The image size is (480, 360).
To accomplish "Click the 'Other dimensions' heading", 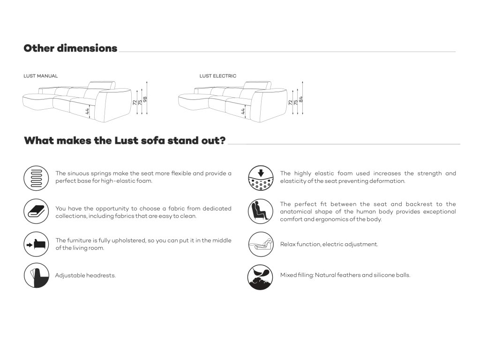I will [70, 48].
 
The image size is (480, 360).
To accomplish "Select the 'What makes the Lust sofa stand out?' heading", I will [125, 141].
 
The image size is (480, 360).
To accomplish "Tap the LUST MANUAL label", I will [41, 76].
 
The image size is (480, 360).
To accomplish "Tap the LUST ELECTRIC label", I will [218, 76].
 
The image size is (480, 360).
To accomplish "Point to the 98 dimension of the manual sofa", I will [145, 99].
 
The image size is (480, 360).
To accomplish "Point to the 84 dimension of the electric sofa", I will [301, 99].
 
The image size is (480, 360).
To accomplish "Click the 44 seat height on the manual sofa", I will [87, 111].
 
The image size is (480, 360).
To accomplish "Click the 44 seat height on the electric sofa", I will [243, 111].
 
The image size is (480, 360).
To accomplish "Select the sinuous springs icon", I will [37, 177].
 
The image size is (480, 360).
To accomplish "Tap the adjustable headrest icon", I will [37, 275].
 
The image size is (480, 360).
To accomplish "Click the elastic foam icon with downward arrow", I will [260, 177].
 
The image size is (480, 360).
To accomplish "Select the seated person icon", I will [260, 211].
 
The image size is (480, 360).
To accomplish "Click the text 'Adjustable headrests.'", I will [85, 276].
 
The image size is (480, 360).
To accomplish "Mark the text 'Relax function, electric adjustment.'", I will [329, 244].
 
